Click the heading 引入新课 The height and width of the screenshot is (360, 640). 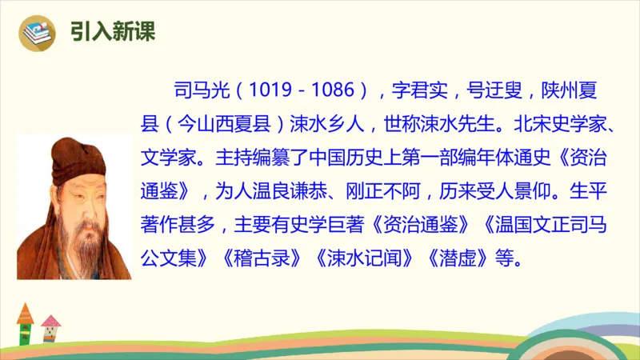point(112,31)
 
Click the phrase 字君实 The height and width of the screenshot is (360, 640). point(421,87)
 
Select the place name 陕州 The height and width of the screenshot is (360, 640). point(558,87)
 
